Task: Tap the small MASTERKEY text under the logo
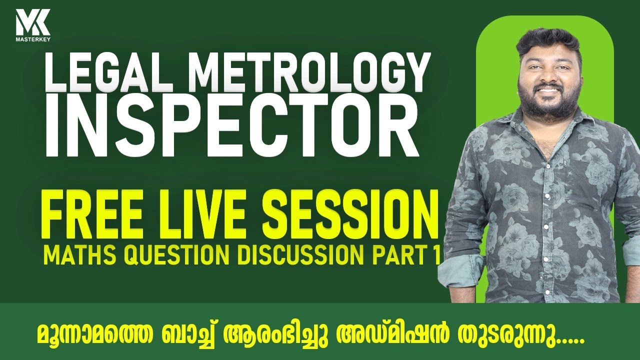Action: point(32,37)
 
